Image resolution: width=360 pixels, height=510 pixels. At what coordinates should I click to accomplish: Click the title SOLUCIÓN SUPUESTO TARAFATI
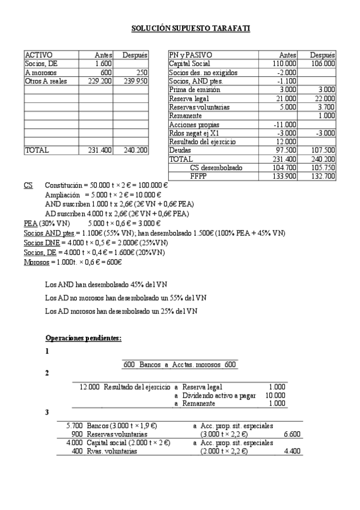pyautogui.click(x=191, y=28)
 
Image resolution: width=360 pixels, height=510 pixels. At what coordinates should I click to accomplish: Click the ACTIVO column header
pyautogui.click(x=38, y=55)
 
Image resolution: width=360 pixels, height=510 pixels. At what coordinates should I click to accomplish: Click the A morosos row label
pyautogui.click(x=40, y=73)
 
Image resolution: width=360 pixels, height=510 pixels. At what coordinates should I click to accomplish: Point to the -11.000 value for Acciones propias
pyautogui.click(x=285, y=124)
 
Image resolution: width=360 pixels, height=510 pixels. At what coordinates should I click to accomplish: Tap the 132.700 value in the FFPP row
pyautogui.click(x=323, y=176)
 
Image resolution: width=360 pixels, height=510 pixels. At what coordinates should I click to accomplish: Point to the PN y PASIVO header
pyautogui.click(x=191, y=55)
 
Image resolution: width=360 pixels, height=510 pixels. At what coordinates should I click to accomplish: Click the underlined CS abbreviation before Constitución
pyautogui.click(x=28, y=186)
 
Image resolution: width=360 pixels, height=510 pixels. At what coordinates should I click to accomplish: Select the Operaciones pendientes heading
pyautogui.click(x=84, y=338)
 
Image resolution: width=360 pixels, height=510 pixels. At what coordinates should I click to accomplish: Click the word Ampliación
pyautogui.click(x=63, y=195)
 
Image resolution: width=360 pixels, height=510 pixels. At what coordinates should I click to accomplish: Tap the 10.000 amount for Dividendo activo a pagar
pyautogui.click(x=275, y=395)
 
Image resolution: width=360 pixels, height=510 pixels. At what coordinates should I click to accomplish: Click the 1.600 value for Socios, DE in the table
pyautogui.click(x=103, y=64)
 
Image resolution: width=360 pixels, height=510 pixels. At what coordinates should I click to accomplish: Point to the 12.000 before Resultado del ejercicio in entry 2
pyautogui.click(x=90, y=387)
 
